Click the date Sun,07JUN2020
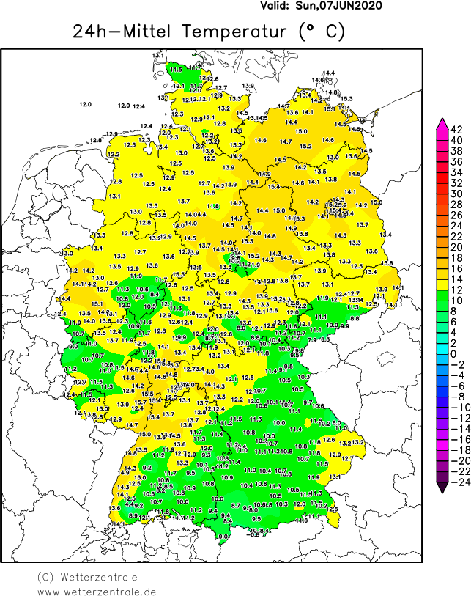pyautogui.click(x=343, y=5)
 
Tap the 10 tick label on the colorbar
pyautogui.click(x=456, y=300)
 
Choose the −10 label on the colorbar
pyautogui.click(x=456, y=407)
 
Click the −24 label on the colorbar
pyautogui.click(x=456, y=482)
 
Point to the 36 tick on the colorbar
pyautogui.click(x=456, y=161)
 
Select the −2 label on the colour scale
pyautogui.click(x=456, y=364)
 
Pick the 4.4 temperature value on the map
pyautogui.click(x=129, y=504)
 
